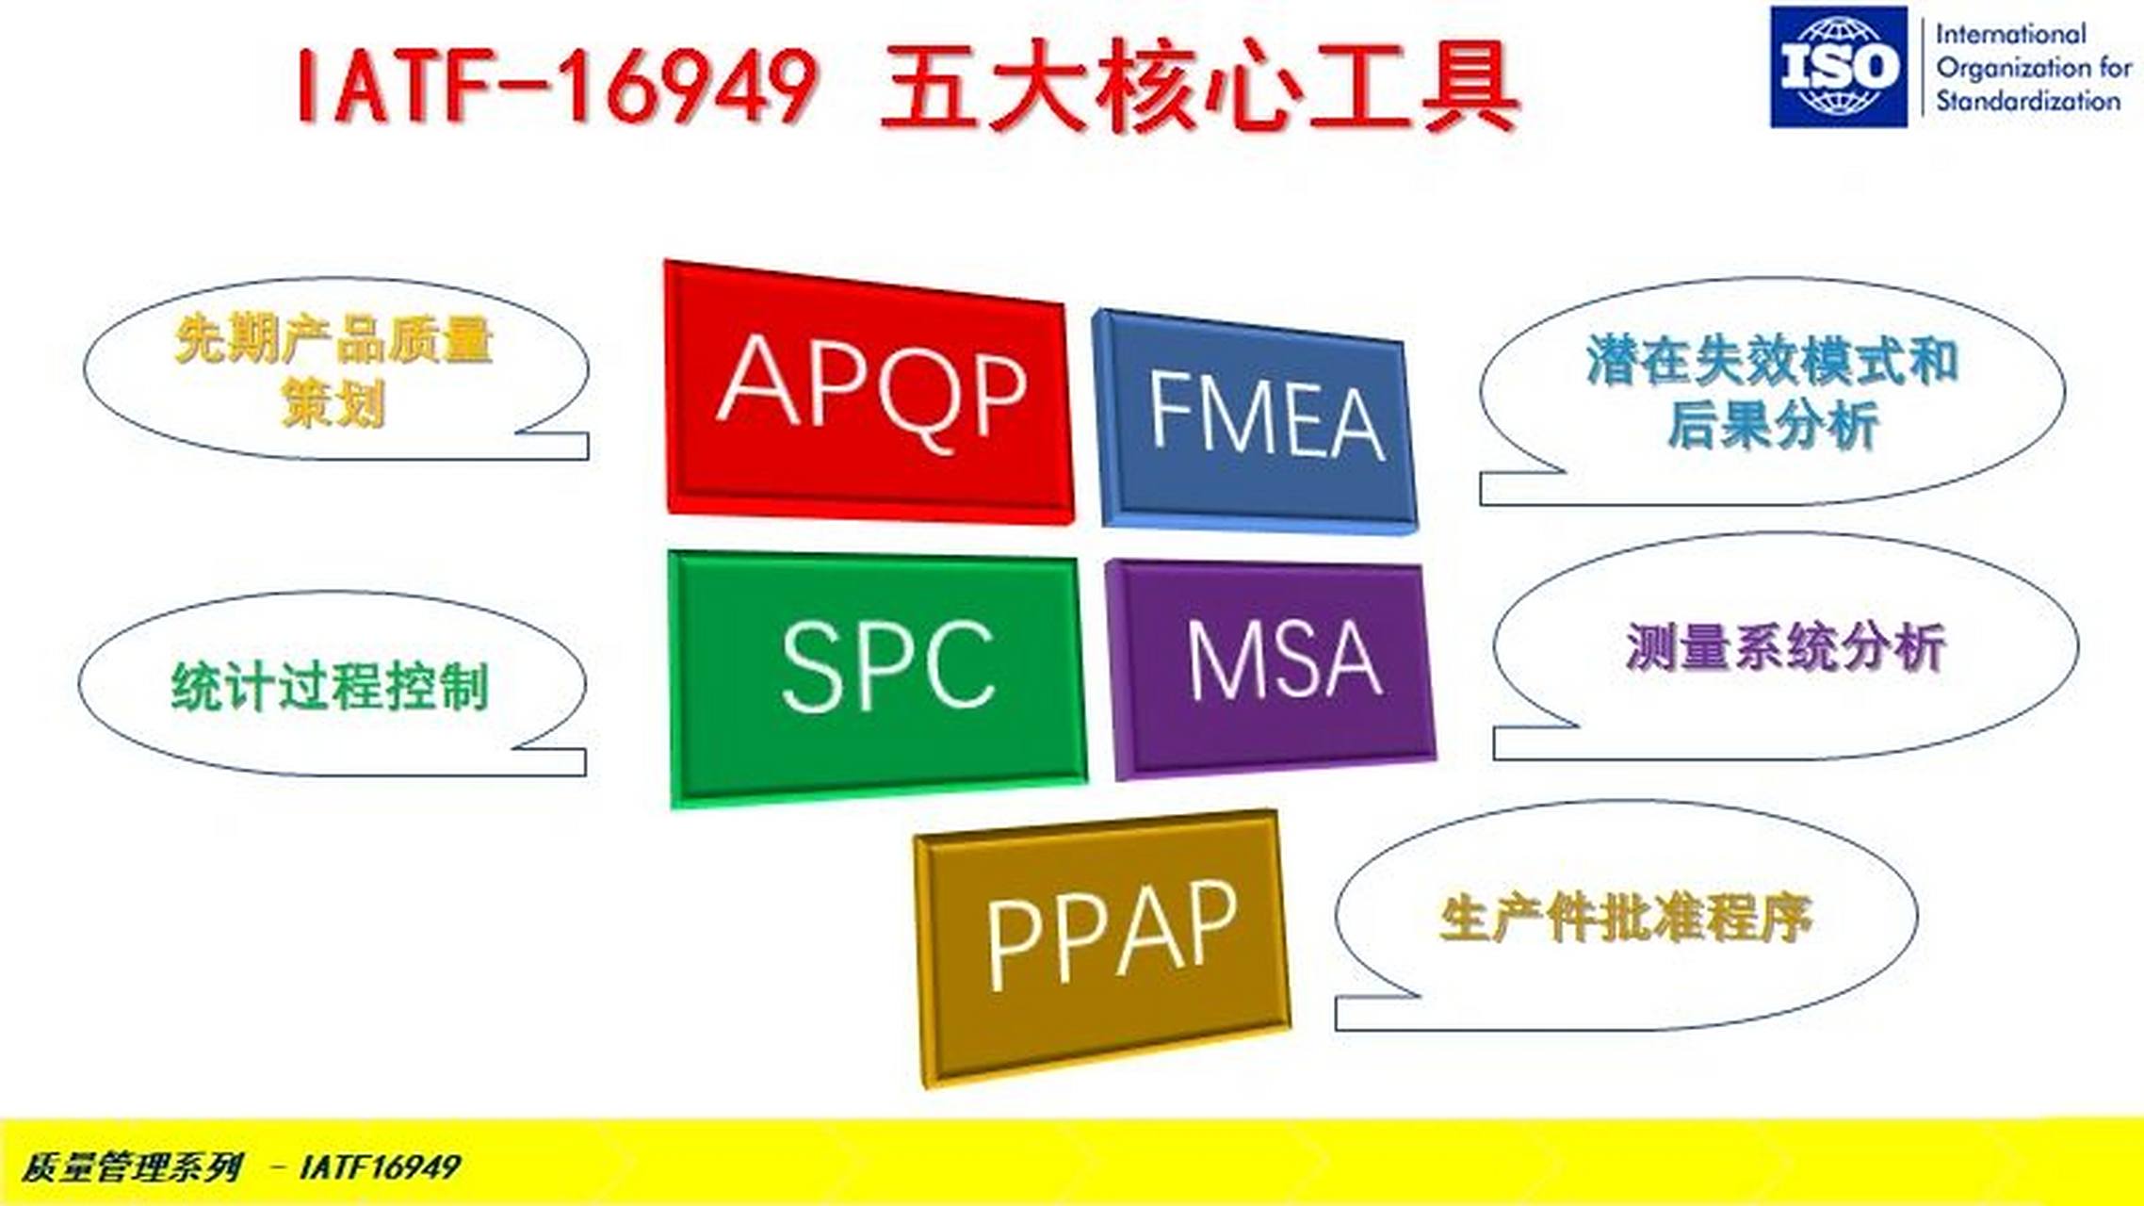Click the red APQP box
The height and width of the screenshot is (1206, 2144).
pyautogui.click(x=869, y=392)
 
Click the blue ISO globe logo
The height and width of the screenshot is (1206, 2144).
pyautogui.click(x=1838, y=67)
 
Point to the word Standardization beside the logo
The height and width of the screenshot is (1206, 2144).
pyautogui.click(x=2027, y=101)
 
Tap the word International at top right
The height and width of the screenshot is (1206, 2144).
pyautogui.click(x=2010, y=34)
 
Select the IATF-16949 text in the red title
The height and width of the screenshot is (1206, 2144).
pyautogui.click(x=556, y=87)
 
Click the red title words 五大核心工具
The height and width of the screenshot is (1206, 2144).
pyautogui.click(x=1198, y=87)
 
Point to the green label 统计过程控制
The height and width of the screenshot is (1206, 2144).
pyautogui.click(x=330, y=686)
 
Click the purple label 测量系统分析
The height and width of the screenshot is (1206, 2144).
pyautogui.click(x=1785, y=647)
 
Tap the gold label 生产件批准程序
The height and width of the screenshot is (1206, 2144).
pyautogui.click(x=1625, y=918)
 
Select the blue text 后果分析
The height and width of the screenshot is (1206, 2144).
pyautogui.click(x=1773, y=424)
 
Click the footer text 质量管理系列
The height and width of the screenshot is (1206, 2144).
pyautogui.click(x=132, y=1167)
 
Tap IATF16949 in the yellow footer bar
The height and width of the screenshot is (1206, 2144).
pyautogui.click(x=379, y=1167)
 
